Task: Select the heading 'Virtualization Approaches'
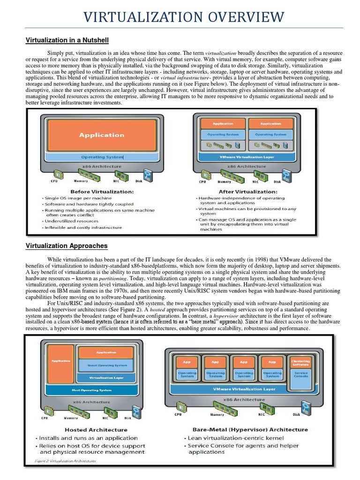pos(66,246)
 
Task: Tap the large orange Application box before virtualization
pos(102,135)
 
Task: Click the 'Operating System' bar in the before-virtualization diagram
pos(102,157)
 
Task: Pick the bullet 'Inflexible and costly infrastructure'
pos(82,227)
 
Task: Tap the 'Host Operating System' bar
pos(92,390)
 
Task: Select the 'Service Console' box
pos(300,375)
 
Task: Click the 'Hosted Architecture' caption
pos(96,429)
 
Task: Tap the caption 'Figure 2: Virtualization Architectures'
pos(66,461)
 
